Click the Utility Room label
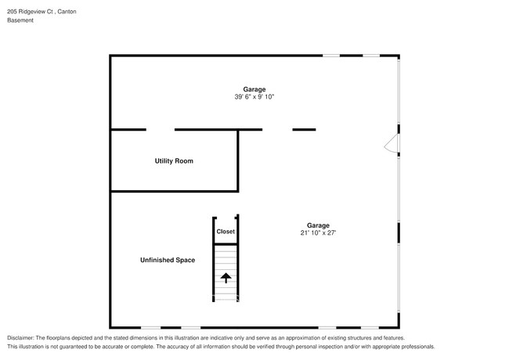pos(174,161)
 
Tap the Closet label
pos(226,232)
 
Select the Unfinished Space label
pos(168,260)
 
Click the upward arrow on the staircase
pos(226,278)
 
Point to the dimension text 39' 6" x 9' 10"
pos(254,96)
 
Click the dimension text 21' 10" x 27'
pos(318,232)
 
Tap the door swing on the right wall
pos(392,143)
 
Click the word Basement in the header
pos(20,20)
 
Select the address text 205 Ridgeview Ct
pos(30,12)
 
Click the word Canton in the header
pos(67,12)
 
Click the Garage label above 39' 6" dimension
pos(254,89)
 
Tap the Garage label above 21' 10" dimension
pos(318,225)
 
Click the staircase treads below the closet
pos(226,273)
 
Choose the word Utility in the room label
pos(164,161)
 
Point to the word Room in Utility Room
pos(185,161)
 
